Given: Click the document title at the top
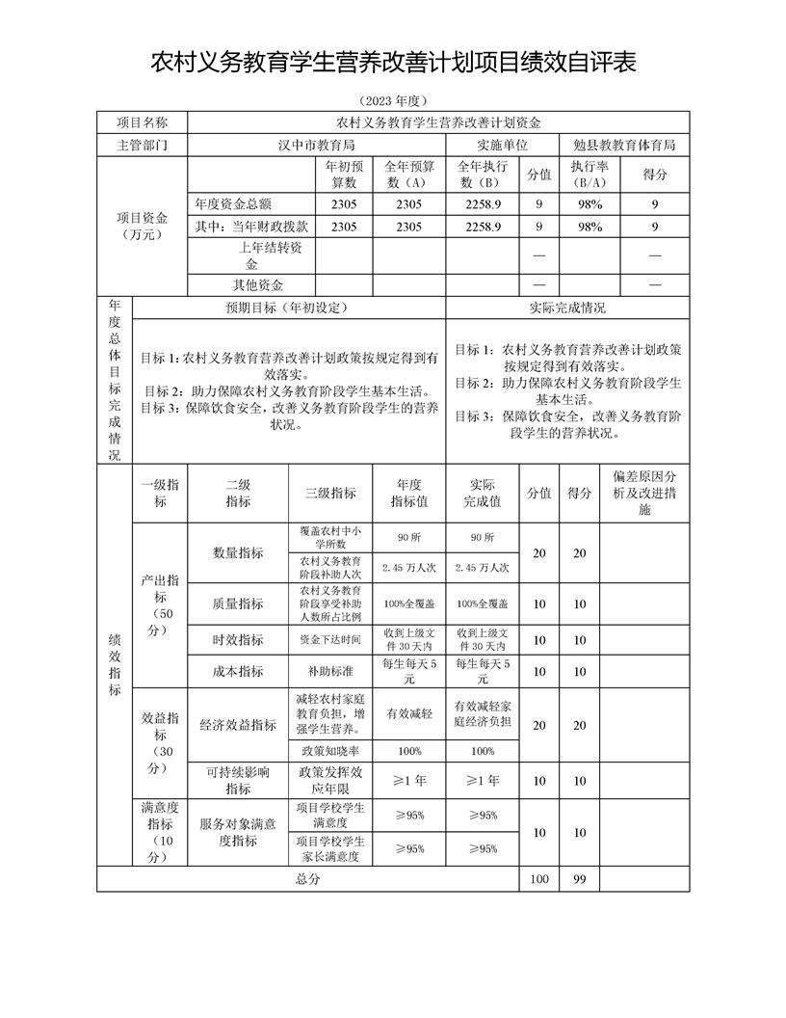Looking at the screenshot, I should coord(393,63).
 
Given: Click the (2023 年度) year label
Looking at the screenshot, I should coord(392,100).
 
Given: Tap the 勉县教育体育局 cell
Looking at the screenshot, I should coord(624,145).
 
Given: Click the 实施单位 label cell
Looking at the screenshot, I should coord(502,145).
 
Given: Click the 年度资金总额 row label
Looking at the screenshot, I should coord(233,204).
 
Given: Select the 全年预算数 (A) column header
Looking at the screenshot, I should coord(408,174).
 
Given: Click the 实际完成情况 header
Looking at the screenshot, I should coord(567,308).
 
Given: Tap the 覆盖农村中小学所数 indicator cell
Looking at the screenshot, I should coord(330,537).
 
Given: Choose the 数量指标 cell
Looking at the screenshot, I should coord(238,552).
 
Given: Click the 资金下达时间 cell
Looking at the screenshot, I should coord(330,639).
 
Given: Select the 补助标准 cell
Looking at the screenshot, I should coord(330,671).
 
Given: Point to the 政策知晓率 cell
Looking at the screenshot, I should coord(330,751).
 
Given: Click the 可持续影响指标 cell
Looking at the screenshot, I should coord(238,781).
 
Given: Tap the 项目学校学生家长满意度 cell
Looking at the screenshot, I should coord(330,848).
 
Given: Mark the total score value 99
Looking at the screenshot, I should coord(579,879).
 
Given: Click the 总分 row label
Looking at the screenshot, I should coord(307,879).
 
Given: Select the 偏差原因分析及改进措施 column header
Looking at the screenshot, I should coord(644,493).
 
